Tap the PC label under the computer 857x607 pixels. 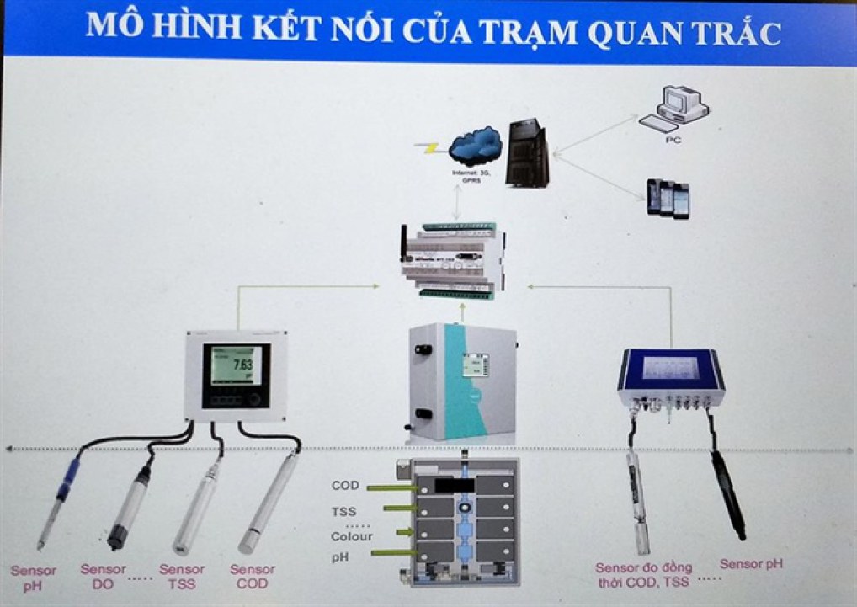pyautogui.click(x=673, y=140)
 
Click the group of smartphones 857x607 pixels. pyautogui.click(x=668, y=199)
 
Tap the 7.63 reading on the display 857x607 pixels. pyautogui.click(x=242, y=365)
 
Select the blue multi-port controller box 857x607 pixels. pyautogui.click(x=670, y=379)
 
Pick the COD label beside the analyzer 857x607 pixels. pyautogui.click(x=346, y=486)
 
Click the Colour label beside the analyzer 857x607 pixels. pyautogui.click(x=351, y=535)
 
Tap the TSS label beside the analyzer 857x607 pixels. pyautogui.click(x=344, y=511)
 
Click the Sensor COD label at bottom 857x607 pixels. pyautogui.click(x=253, y=576)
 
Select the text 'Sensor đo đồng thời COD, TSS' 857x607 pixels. pyautogui.click(x=643, y=574)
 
